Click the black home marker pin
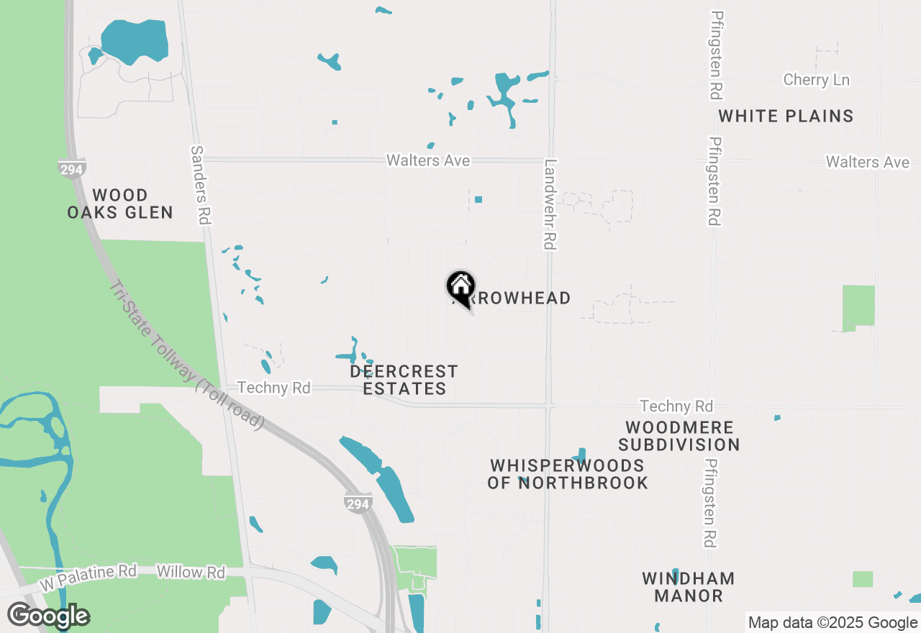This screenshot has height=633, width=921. (461, 288)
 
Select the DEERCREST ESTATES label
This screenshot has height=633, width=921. (404, 380)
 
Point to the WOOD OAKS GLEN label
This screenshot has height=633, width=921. (120, 204)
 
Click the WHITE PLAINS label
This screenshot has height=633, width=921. (786, 116)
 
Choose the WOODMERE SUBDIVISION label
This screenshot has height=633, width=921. (679, 437)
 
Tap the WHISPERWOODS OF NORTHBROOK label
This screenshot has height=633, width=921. (568, 474)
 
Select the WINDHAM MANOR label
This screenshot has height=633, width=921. (689, 587)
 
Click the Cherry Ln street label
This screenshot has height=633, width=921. (816, 80)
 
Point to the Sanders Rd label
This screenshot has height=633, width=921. (200, 185)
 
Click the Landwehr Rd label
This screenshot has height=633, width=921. (550, 205)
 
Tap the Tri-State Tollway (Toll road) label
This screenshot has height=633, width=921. (186, 355)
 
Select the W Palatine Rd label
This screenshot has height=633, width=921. (88, 576)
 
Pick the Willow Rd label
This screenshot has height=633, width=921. (191, 573)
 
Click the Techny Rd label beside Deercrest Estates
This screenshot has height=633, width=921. (273, 388)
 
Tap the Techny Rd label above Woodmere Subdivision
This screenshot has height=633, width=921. (676, 407)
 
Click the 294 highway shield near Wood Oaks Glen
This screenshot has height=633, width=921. (72, 168)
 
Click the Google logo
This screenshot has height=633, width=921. (48, 616)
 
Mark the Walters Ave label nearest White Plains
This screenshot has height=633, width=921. (867, 163)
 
